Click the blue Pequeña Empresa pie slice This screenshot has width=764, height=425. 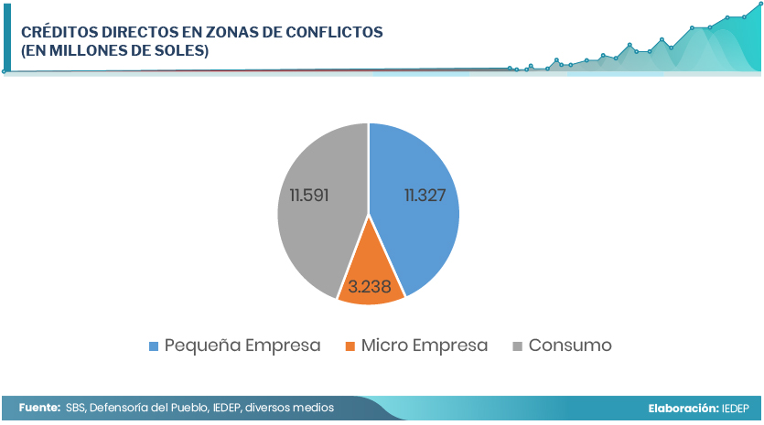click(416, 228)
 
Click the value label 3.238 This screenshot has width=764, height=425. click(370, 285)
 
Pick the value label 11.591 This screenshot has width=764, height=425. click(308, 195)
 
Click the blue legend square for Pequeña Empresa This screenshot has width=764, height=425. click(154, 346)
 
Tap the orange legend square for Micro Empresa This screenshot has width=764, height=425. click(350, 346)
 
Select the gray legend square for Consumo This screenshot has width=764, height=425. click(518, 346)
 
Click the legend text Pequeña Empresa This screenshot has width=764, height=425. click(242, 345)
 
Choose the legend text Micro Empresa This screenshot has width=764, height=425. click(425, 345)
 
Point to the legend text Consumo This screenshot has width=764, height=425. click(570, 345)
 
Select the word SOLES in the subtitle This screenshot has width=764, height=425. click(184, 51)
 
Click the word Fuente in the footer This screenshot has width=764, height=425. click(38, 407)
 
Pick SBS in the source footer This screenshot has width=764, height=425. click(75, 407)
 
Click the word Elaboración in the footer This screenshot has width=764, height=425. click(683, 408)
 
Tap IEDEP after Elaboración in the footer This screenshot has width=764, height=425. click(735, 408)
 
